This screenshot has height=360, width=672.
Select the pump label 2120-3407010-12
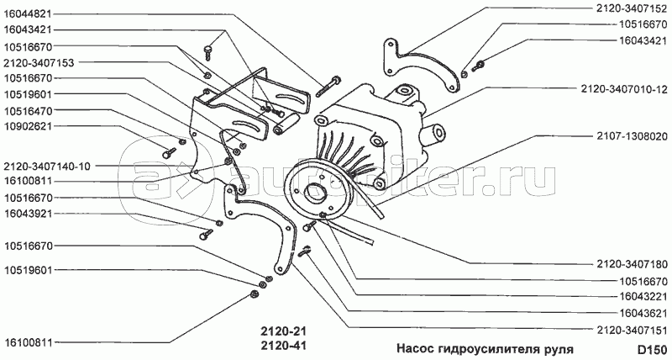(626, 87)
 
